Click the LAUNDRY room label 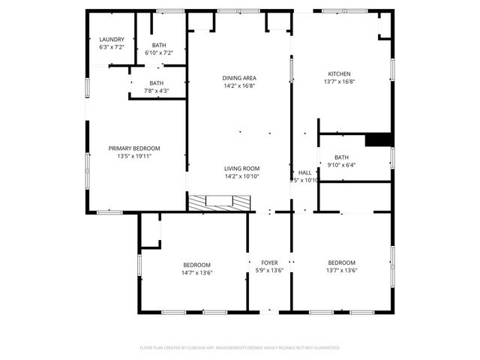[x=112, y=40]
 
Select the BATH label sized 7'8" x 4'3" [x=156, y=83]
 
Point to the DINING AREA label [x=239, y=78]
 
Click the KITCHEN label [x=339, y=73]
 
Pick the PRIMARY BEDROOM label [x=134, y=148]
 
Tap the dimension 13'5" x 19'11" [x=134, y=156]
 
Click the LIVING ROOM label [x=241, y=169]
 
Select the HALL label [x=304, y=172]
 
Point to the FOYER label [x=269, y=263]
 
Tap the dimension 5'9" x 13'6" [x=269, y=271]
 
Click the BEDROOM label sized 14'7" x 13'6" [x=197, y=264]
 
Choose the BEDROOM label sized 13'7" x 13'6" [x=341, y=262]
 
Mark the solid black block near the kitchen [x=379, y=139]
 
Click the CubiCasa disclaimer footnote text [x=240, y=348]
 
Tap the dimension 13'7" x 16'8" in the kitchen [x=339, y=81]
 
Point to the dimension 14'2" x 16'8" [x=239, y=85]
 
